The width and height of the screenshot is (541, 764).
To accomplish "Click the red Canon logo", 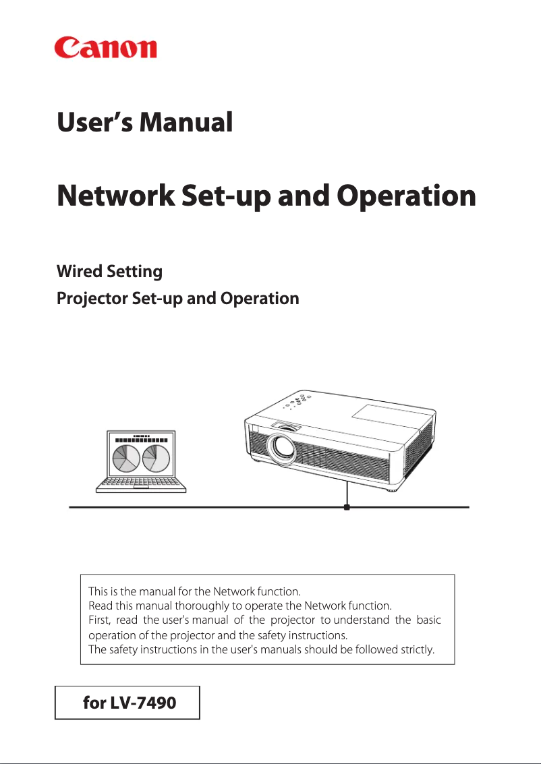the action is (105, 48).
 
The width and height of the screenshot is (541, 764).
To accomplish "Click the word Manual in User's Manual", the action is (186, 122).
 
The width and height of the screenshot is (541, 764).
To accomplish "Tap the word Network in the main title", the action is (115, 196).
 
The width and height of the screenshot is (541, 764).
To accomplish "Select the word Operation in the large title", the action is (406, 196).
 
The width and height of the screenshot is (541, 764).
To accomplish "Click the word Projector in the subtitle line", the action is (92, 298).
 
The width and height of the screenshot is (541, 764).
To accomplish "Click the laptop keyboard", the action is (141, 484).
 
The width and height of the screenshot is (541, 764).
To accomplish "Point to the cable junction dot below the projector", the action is (347, 507).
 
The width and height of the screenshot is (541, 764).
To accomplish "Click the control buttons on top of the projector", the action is (297, 401).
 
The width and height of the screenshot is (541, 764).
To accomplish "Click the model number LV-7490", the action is (147, 703).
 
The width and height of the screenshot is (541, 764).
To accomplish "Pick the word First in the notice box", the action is (100, 620).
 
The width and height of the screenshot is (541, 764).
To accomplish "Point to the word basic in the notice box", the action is (429, 620).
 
